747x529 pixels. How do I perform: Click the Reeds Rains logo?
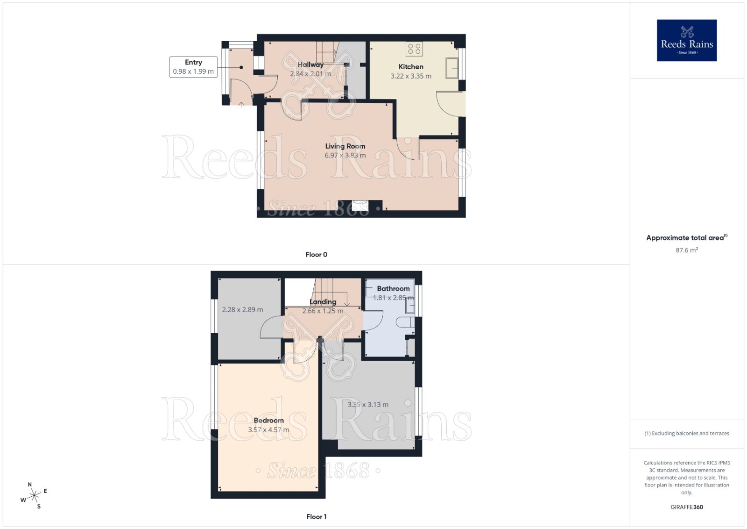[686, 40]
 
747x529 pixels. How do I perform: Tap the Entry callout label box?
[193, 67]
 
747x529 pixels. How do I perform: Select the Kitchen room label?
[411, 67]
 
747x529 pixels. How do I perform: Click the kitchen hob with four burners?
[414, 49]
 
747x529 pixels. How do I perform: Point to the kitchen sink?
[452, 68]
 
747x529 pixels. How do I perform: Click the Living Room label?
[345, 146]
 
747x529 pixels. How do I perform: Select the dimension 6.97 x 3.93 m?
[345, 156]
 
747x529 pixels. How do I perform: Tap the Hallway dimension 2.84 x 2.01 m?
[310, 74]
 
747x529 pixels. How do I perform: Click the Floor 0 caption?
[316, 255]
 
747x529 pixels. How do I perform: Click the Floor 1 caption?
[316, 517]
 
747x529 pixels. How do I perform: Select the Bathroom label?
[393, 289]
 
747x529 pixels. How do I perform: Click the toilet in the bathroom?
[404, 322]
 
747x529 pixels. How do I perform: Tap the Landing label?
[323, 302]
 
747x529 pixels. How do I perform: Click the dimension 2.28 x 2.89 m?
[242, 310]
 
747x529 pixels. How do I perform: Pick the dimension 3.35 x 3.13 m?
[368, 405]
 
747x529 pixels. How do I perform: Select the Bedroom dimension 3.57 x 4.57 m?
[268, 430]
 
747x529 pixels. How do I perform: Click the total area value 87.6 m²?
[686, 250]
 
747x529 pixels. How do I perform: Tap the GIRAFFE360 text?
[686, 507]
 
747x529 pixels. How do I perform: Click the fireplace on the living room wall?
[360, 206]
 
